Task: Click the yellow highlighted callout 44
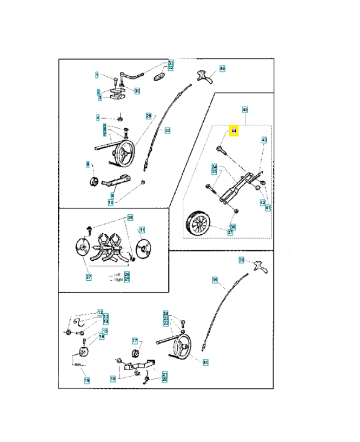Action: [234, 131]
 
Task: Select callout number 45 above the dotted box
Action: [245, 109]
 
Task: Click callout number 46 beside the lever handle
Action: [223, 69]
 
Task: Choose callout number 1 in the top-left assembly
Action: [97, 75]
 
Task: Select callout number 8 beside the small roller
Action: [87, 164]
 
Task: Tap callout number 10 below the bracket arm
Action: [110, 203]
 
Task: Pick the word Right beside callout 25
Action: [118, 280]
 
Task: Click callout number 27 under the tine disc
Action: [88, 277]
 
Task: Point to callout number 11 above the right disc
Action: [141, 230]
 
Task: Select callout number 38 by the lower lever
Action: [241, 260]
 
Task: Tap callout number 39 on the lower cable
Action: [215, 280]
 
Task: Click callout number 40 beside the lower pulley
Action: [206, 362]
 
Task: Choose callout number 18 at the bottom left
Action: [86, 381]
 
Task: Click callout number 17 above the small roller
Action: [134, 341]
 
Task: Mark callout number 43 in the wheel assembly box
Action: [264, 140]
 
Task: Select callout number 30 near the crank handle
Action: [137, 91]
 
